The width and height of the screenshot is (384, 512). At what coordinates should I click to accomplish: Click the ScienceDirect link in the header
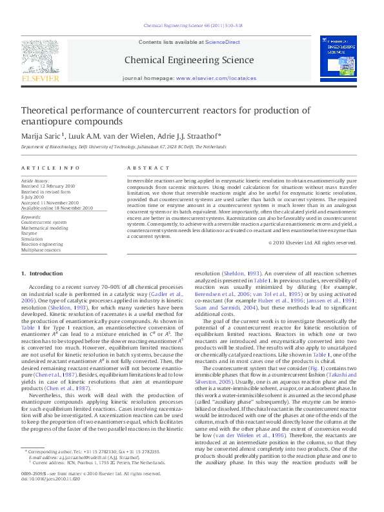tap(223, 42)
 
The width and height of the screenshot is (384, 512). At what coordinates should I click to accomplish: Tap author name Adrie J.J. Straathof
tap(183, 136)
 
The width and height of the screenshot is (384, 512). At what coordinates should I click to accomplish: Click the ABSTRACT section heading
tap(143, 168)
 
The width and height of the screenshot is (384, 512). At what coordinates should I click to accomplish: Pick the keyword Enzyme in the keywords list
tap(30, 233)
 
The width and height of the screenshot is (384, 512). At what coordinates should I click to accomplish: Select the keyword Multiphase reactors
tap(43, 250)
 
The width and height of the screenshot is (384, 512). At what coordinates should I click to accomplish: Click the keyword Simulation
tap(33, 239)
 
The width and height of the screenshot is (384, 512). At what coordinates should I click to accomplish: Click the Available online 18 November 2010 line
tap(57, 208)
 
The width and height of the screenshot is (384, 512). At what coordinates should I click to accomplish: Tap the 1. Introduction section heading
tap(43, 275)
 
